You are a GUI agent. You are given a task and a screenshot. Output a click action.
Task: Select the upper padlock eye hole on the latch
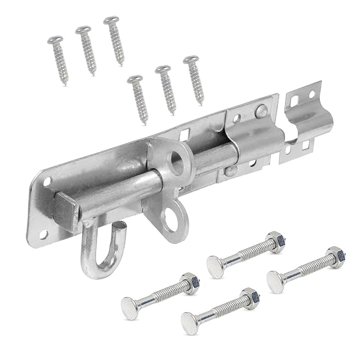pos(177,160)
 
